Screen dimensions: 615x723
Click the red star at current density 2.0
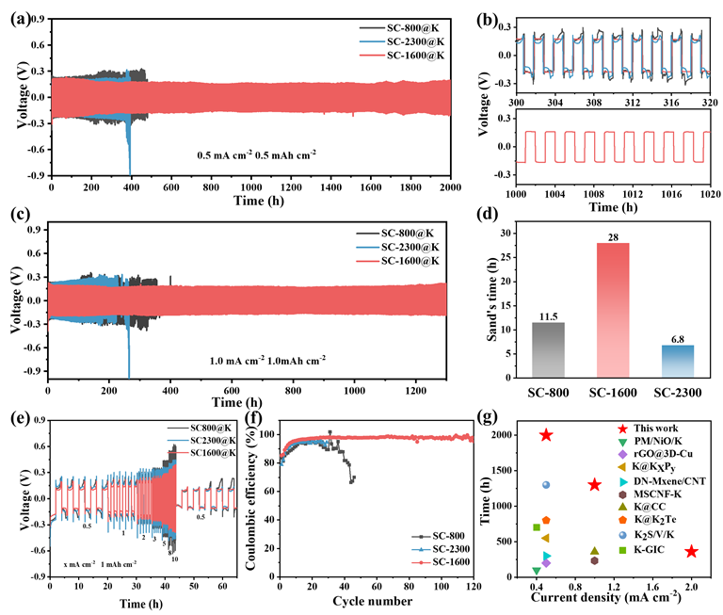tap(692, 551)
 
